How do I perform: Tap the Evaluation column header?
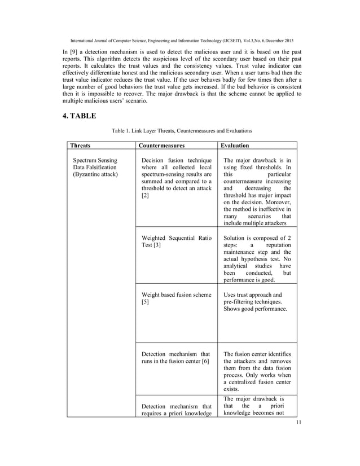coord(239,145)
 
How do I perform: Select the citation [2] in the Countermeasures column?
coord(146,195)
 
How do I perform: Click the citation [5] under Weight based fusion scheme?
coord(146,303)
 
